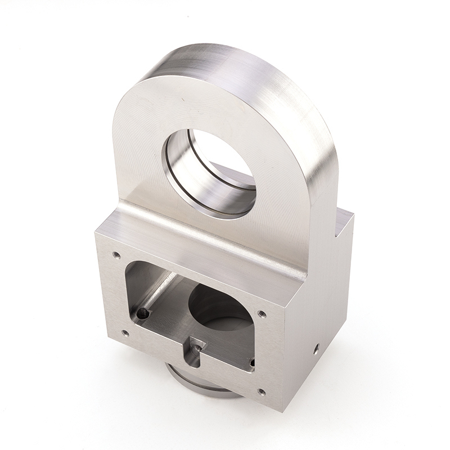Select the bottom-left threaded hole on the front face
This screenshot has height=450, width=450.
[x=125, y=333]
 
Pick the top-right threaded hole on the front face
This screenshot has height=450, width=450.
[x=262, y=313]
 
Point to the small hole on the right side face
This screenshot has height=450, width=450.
[x=317, y=345]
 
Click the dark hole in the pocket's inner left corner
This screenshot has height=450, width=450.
[x=143, y=313]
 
